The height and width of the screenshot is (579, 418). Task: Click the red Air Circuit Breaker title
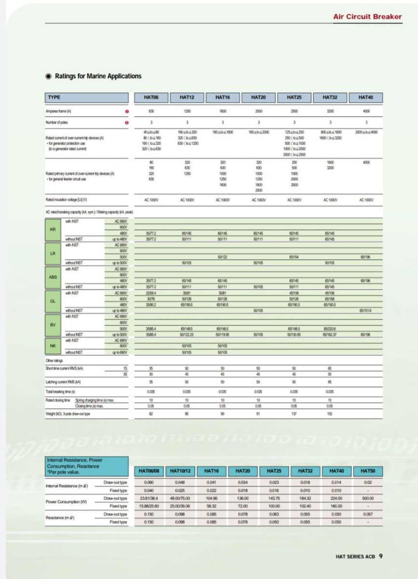coord(367,16)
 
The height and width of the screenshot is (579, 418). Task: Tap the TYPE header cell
coord(87,97)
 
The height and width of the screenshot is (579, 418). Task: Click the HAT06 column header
coord(151,97)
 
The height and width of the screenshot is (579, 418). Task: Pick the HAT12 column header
coord(187,97)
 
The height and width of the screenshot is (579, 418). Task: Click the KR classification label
coord(53,229)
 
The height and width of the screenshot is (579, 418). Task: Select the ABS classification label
coord(53,277)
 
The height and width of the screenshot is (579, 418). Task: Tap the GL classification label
coord(53,301)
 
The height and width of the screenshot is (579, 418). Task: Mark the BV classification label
coord(53,324)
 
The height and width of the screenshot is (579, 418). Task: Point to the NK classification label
coord(53,345)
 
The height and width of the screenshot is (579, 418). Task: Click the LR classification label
coord(53,253)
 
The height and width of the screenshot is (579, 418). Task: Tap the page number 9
coord(381,556)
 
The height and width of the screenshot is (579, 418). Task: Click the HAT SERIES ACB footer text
coord(355,556)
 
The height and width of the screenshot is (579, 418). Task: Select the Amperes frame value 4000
coord(366,111)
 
